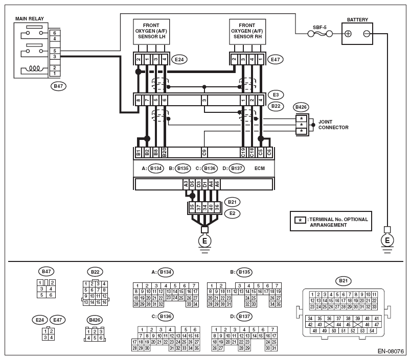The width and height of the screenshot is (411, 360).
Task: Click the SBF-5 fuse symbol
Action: click(320, 34)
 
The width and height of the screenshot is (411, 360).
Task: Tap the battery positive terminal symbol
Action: click(348, 34)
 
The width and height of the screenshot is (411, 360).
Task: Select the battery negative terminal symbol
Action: click(367, 34)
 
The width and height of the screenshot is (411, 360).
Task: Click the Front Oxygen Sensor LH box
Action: click(151, 32)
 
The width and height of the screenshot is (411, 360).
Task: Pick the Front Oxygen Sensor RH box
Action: click(247, 32)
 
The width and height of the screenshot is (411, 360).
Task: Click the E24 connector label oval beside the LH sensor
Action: click(179, 59)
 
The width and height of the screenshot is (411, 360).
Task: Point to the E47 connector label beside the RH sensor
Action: click(275, 59)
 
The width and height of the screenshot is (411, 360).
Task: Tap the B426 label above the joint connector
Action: click(301, 107)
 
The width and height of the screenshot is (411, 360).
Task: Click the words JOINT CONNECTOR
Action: click(333, 125)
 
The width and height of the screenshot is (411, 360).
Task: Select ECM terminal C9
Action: click(204, 152)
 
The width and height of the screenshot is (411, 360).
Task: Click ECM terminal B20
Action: click(164, 152)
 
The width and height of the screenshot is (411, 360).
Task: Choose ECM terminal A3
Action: click(186, 184)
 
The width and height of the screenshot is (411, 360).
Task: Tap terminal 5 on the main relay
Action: click(55, 51)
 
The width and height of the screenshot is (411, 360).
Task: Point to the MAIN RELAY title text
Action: click(29, 18)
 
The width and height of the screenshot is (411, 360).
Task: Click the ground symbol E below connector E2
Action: click(204, 241)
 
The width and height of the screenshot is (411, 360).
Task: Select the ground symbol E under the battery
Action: click(387, 241)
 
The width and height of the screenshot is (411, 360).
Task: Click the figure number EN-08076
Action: click(391, 351)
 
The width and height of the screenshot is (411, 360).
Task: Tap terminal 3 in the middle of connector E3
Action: click(204, 100)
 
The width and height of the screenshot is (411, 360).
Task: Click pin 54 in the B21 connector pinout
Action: click(372, 331)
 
